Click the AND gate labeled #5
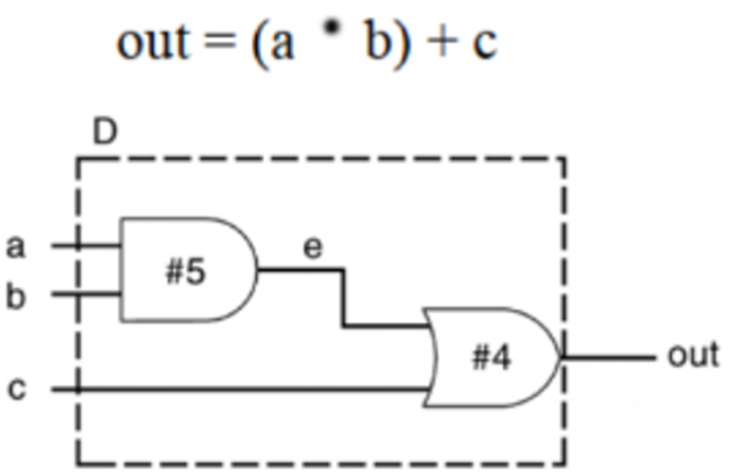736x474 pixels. click(x=186, y=270)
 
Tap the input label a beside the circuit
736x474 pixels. click(x=15, y=245)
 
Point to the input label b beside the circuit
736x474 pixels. click(x=15, y=296)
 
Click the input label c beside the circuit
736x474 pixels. click(x=15, y=390)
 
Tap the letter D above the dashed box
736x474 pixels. click(x=105, y=133)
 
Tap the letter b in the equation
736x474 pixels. click(x=377, y=42)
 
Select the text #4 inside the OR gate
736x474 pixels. click(x=491, y=360)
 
